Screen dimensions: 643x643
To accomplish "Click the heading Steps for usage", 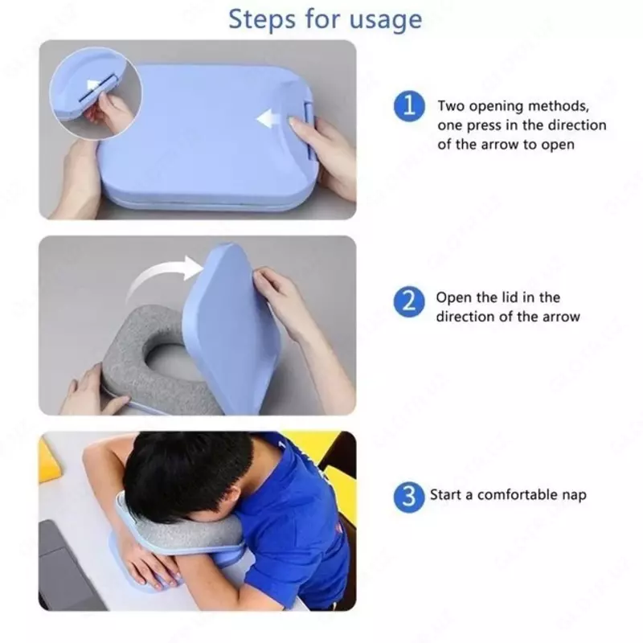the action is (x=325, y=19).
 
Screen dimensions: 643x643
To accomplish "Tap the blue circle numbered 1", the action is (x=409, y=106).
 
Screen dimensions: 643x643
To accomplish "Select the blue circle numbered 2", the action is (x=409, y=302).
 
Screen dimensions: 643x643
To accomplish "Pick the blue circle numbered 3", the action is (x=409, y=497).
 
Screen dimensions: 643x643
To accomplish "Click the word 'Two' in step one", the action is (x=451, y=106).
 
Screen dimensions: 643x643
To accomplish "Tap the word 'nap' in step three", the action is (x=574, y=495).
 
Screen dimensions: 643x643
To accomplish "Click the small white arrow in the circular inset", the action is (x=93, y=87).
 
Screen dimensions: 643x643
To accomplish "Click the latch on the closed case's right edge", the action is (x=309, y=131).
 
